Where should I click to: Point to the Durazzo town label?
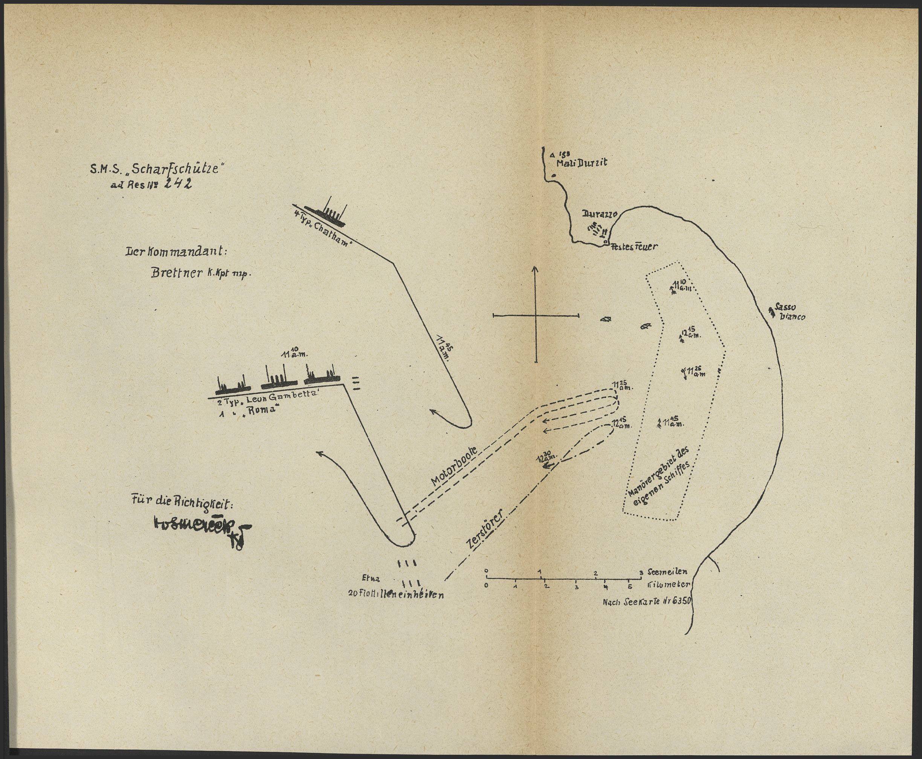599,214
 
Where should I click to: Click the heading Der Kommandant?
176,252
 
